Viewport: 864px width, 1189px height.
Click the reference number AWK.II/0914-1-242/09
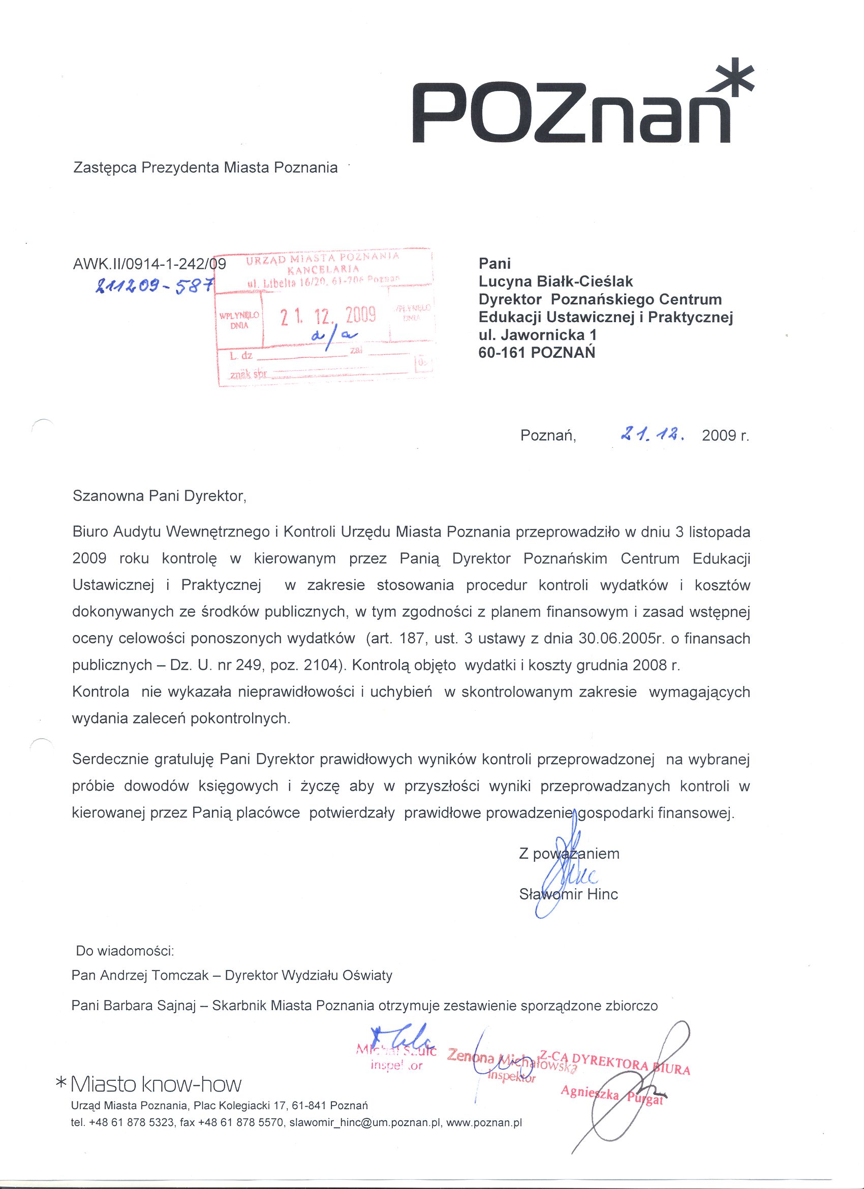coord(149,263)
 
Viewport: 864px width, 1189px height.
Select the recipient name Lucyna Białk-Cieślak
coord(556,281)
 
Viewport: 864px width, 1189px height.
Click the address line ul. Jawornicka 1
coord(537,334)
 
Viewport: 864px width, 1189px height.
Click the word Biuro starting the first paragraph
coord(90,532)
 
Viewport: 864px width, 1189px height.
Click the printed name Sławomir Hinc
coord(568,894)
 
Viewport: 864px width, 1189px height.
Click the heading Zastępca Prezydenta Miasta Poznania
coord(205,168)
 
